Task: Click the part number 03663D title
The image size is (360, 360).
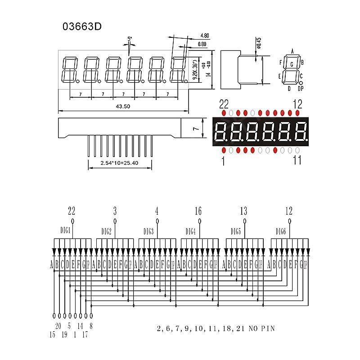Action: point(82,27)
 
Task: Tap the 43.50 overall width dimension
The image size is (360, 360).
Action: point(123,107)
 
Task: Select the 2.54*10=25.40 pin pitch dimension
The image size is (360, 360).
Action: point(119,163)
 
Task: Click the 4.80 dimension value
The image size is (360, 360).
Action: point(204,36)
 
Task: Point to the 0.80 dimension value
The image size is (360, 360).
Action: point(202,44)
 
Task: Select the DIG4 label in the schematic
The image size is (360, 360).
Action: point(190,231)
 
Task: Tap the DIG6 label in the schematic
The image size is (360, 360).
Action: point(281,231)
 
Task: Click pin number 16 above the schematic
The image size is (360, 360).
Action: point(198,211)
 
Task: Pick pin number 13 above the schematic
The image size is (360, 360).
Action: point(243,211)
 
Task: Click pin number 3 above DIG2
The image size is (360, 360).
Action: point(115,211)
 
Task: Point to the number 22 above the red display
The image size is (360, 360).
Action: point(224,104)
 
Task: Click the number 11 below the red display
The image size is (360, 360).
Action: point(297,160)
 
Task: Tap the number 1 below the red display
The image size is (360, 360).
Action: point(223,161)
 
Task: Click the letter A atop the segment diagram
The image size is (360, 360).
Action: point(292,51)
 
